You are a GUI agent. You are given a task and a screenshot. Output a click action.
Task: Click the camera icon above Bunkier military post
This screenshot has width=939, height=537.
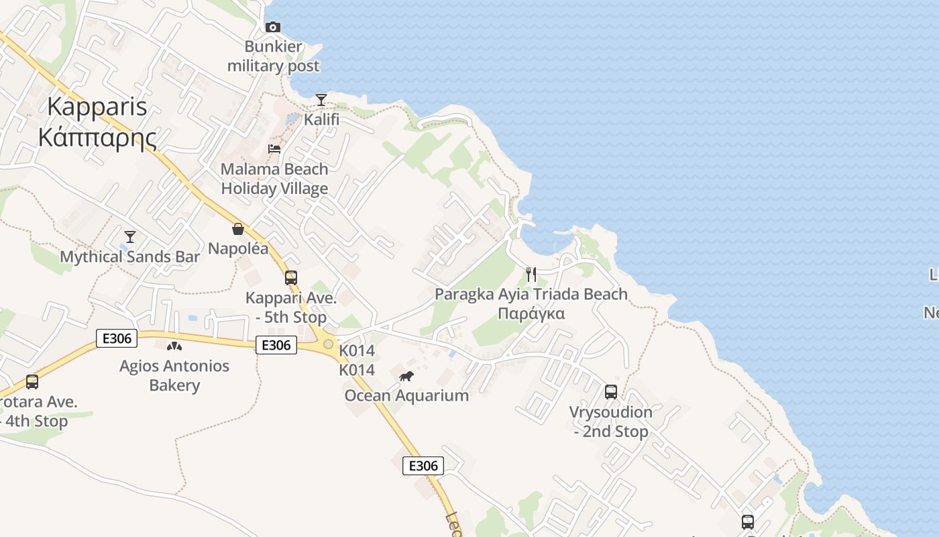pyautogui.click(x=273, y=27)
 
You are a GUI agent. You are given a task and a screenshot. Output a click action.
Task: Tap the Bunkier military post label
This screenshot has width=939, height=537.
pyautogui.click(x=273, y=57)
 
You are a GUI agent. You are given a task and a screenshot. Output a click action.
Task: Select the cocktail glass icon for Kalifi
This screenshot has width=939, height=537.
pyautogui.click(x=321, y=100)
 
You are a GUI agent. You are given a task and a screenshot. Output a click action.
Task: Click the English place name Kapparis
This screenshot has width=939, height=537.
pyautogui.click(x=97, y=106)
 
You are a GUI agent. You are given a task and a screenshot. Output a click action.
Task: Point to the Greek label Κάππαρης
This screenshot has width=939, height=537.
pyautogui.click(x=97, y=137)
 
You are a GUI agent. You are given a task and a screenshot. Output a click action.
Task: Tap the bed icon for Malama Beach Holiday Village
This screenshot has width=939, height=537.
pyautogui.click(x=274, y=148)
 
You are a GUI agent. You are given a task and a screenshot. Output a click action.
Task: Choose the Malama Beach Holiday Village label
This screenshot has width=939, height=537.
pyautogui.click(x=274, y=179)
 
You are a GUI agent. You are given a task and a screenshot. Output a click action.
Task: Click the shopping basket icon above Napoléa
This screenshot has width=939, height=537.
pyautogui.click(x=238, y=229)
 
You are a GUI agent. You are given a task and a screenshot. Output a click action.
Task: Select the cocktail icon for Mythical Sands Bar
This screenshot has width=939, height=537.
pyautogui.click(x=130, y=236)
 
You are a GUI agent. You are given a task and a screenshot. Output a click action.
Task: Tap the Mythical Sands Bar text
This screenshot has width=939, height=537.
pyautogui.click(x=130, y=256)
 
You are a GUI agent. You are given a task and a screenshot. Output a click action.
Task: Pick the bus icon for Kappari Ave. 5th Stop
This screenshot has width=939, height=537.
pyautogui.click(x=290, y=277)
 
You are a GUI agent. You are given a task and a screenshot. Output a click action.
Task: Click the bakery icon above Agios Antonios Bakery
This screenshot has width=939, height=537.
pyautogui.click(x=174, y=346)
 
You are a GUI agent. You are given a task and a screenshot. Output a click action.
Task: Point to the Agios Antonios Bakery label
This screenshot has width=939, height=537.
pyautogui.click(x=174, y=375)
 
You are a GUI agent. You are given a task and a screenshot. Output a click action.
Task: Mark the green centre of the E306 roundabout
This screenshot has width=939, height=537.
pyautogui.click(x=328, y=344)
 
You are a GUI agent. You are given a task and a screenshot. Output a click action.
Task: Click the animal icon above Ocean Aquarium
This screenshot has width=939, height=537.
pyautogui.click(x=406, y=376)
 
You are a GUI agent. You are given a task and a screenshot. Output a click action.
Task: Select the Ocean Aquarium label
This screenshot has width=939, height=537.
pyautogui.click(x=406, y=395)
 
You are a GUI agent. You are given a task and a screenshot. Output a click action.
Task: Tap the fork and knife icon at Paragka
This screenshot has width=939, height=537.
pyautogui.click(x=531, y=274)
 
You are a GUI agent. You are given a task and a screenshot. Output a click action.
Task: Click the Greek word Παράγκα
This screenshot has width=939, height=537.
pyautogui.click(x=531, y=313)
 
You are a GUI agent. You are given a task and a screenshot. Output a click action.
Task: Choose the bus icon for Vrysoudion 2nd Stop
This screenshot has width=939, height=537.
pyautogui.click(x=611, y=391)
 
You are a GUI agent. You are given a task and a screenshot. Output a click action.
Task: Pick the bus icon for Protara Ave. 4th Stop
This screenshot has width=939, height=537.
pyautogui.click(x=32, y=382)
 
